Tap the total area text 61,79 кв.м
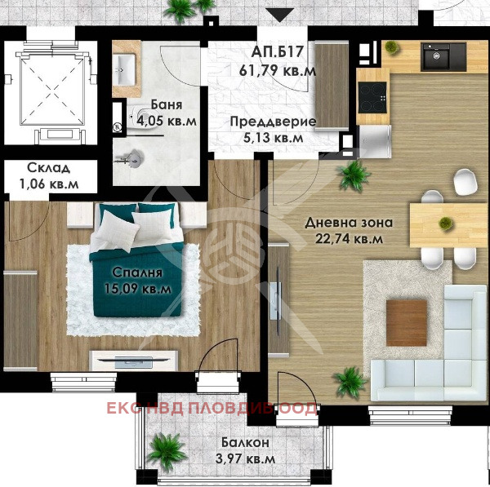(278, 71)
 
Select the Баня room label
(166, 105)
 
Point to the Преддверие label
(272, 122)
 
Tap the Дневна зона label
(349, 222)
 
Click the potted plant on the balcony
(168, 448)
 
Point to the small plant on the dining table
(445, 222)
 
